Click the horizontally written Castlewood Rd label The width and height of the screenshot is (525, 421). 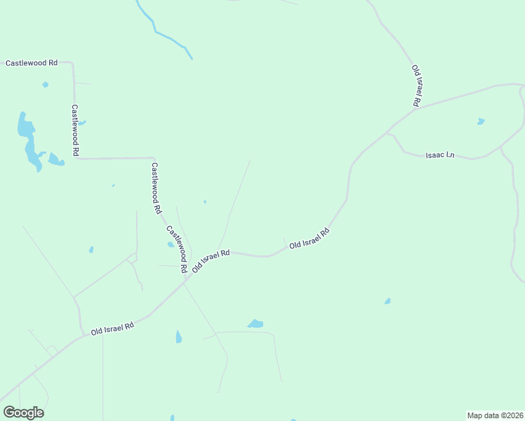click(32, 63)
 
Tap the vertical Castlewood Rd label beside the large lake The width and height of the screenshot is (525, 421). click(75, 131)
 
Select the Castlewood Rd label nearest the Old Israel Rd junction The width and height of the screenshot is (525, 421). click(177, 249)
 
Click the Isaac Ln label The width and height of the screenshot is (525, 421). click(440, 155)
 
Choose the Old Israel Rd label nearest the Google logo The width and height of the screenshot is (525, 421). click(112, 328)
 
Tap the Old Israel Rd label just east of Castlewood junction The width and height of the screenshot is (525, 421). click(211, 260)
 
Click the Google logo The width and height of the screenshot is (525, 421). click(23, 412)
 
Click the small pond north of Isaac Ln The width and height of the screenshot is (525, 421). click(481, 121)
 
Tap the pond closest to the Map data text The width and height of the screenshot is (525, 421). click(387, 301)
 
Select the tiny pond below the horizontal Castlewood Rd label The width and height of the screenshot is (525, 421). click(46, 85)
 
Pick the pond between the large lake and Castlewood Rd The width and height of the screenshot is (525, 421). click(55, 160)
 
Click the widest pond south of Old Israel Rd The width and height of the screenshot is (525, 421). click(255, 323)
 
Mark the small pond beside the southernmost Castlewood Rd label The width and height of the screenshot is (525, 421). click(171, 244)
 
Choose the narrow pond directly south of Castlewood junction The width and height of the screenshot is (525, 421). click(179, 338)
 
